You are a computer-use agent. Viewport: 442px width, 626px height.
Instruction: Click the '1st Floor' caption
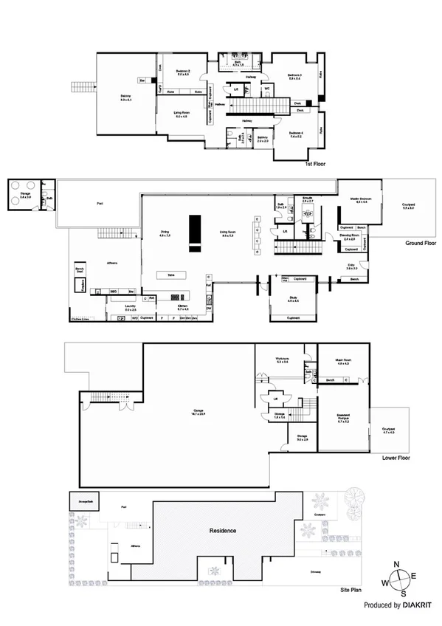[315, 164]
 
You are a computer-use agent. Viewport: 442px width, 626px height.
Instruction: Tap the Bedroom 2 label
[183, 72]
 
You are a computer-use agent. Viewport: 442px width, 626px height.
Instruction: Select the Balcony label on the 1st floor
[125, 95]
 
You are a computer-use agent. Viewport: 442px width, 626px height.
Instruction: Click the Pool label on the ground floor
[99, 204]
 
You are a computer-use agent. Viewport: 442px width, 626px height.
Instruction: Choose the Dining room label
[165, 233]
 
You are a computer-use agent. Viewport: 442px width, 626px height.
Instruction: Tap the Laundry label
[131, 308]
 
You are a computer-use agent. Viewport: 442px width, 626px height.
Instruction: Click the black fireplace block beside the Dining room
[195, 229]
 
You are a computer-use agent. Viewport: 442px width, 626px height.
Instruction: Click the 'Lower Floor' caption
[396, 458]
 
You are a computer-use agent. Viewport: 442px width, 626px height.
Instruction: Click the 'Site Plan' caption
[350, 590]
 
